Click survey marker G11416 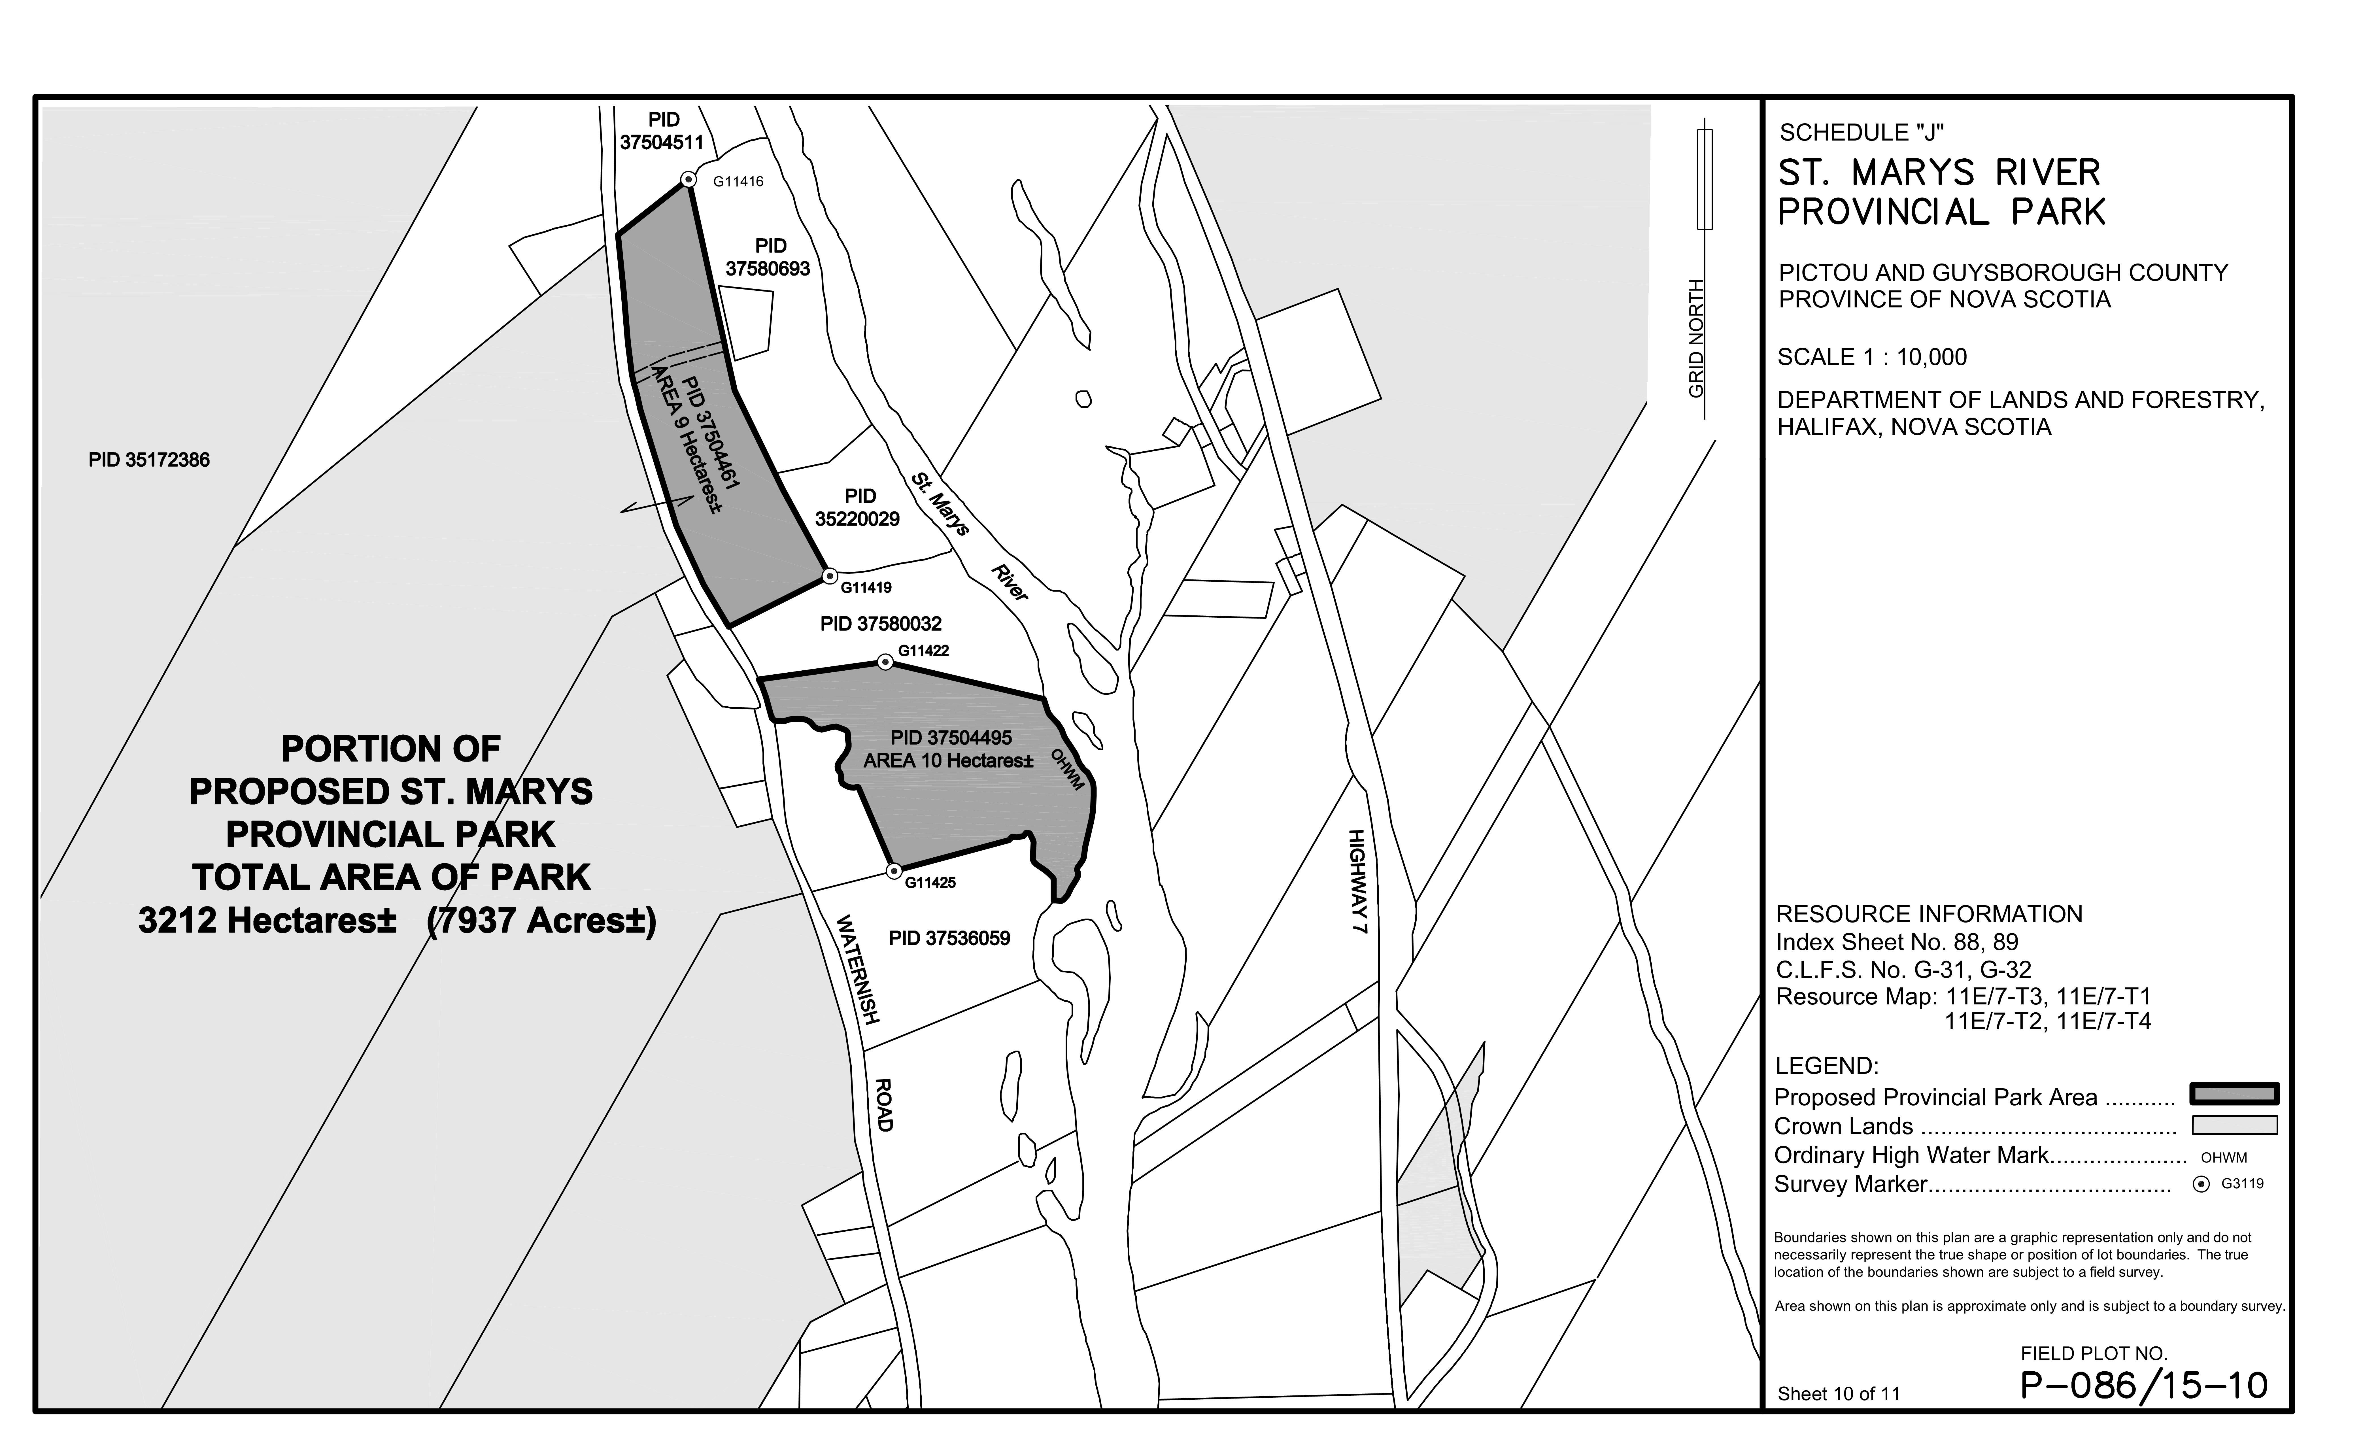[688, 180]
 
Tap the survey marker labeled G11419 [829, 577]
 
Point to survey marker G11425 [894, 871]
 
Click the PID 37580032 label [880, 624]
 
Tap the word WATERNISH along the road [858, 969]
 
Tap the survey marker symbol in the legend [2201, 1184]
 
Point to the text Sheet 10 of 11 [1838, 1394]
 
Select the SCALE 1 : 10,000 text [1871, 357]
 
